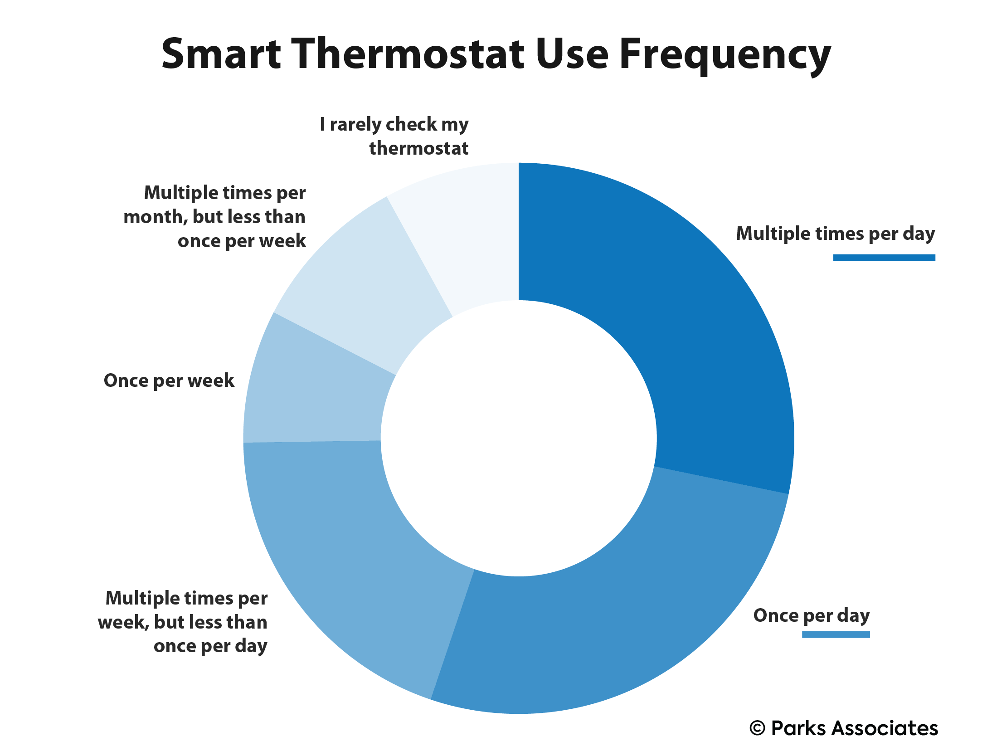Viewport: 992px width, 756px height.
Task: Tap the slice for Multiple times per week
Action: click(345, 558)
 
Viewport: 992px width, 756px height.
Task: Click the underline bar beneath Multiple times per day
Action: click(884, 258)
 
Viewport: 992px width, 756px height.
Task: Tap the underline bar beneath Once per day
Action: click(836, 634)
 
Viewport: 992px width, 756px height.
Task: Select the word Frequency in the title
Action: click(725, 56)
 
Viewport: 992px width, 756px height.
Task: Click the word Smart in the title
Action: click(221, 54)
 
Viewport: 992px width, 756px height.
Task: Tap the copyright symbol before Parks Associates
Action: click(758, 728)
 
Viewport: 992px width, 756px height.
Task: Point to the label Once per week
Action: click(169, 381)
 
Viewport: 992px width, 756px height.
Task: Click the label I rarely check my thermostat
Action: click(394, 136)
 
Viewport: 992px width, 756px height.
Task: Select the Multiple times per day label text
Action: click(836, 234)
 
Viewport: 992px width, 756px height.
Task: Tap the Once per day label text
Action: click(812, 616)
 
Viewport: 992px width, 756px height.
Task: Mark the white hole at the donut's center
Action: click(519, 438)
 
